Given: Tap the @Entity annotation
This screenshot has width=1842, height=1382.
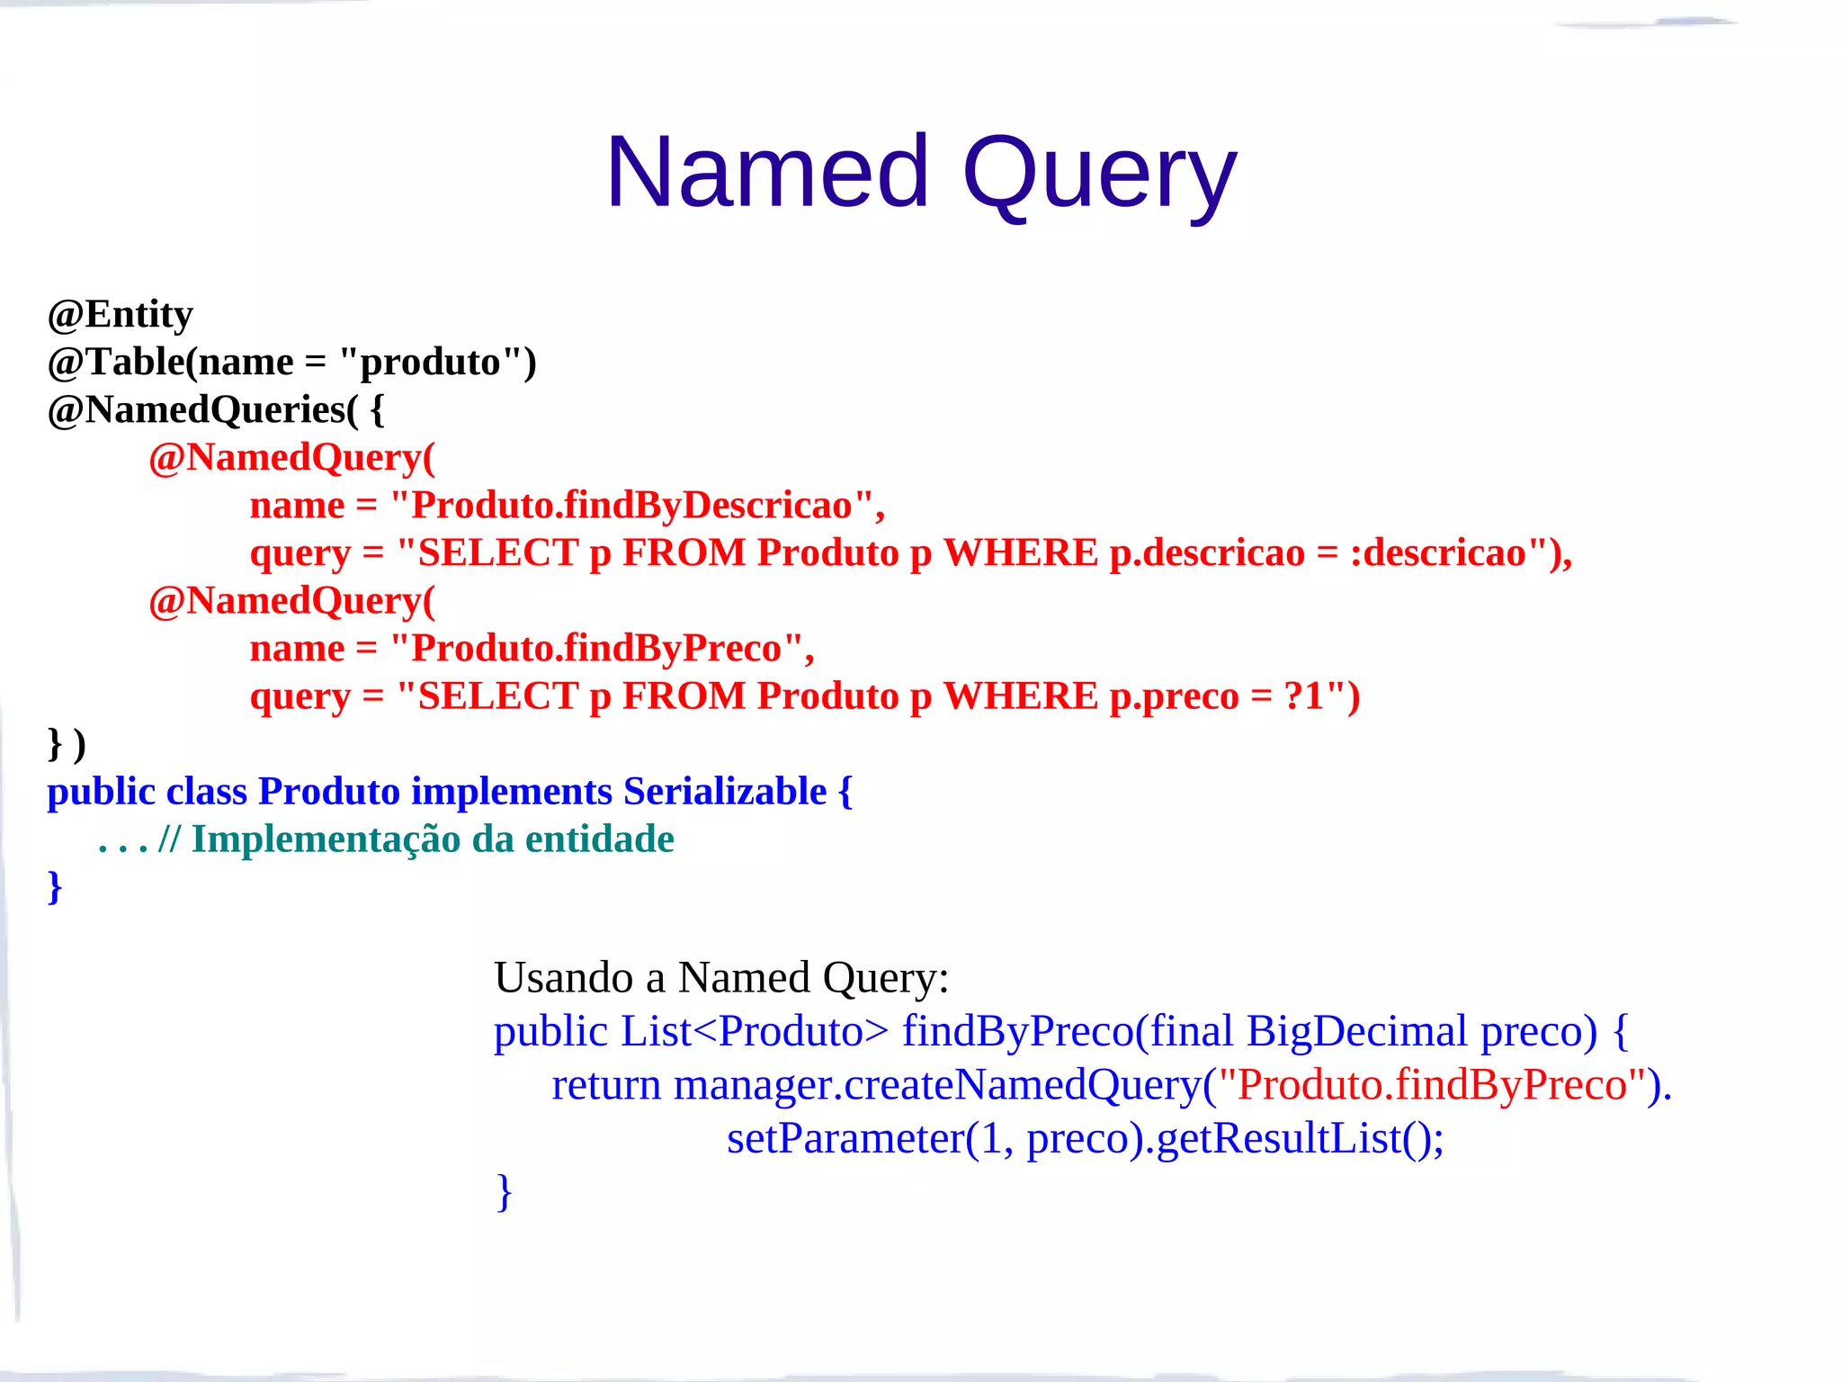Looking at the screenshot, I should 121,314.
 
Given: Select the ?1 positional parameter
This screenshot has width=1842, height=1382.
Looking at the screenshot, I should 1303,695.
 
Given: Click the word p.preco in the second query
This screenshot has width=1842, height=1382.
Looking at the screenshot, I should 1174,695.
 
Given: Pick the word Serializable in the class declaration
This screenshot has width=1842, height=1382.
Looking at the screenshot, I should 725,791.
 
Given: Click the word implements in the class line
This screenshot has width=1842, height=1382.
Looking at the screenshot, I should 512,791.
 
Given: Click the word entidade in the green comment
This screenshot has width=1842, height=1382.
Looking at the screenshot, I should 600,839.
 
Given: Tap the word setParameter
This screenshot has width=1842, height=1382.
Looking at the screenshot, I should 845,1138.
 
